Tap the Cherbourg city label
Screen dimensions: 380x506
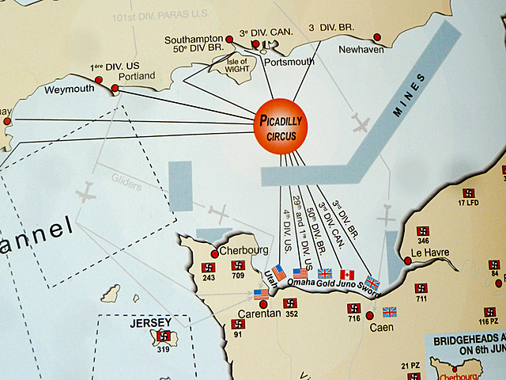[240, 251]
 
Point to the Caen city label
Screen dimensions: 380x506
[380, 325]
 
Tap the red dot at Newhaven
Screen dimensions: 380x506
[377, 36]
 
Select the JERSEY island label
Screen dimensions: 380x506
[151, 324]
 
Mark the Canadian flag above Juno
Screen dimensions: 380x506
[346, 275]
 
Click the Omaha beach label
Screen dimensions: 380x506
[300, 283]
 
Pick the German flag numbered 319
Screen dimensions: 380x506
[164, 336]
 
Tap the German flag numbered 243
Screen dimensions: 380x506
[209, 268]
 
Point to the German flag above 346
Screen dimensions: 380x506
[423, 231]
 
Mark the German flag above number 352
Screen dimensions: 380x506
[291, 303]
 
